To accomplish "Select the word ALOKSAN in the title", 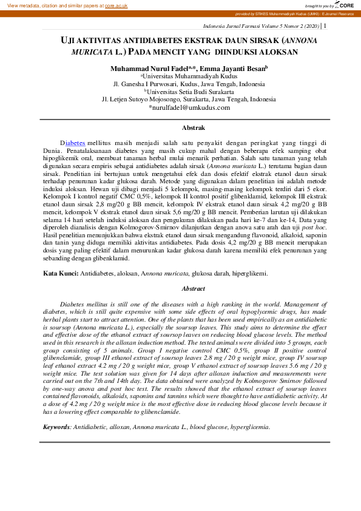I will pyautogui.click(x=272, y=52).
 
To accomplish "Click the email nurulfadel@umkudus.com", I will pyautogui.click(x=189, y=107).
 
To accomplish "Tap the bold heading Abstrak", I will pyautogui.click(x=193, y=128).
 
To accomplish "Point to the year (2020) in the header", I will pyautogui.click(x=309, y=26).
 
